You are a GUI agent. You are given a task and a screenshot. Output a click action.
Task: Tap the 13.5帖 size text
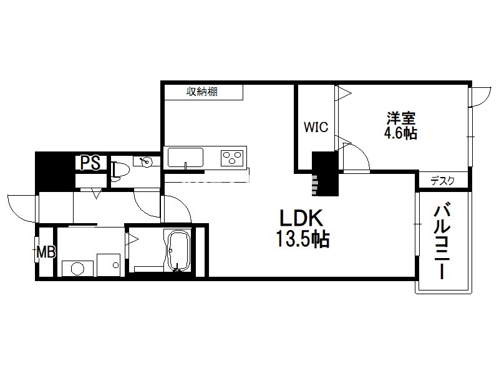coord(303,239)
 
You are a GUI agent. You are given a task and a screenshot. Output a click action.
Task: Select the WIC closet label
coord(316,127)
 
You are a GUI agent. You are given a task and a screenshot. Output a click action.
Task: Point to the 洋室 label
coord(401,118)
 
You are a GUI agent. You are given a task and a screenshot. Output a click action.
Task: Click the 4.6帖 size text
coord(400,133)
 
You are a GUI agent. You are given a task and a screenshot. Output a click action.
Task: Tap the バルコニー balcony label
coord(442,242)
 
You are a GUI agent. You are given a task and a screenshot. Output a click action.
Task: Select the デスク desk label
coord(442,181)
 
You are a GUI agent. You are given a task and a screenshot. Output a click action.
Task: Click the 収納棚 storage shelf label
coord(201,92)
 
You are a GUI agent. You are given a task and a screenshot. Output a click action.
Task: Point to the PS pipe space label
coord(90,163)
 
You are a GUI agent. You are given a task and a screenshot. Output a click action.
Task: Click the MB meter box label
coord(46,252)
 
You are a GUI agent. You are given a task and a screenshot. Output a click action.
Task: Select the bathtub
coord(179,251)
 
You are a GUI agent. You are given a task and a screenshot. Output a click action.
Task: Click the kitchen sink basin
coord(185,157)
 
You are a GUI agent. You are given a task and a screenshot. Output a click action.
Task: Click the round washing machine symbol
coord(77,269)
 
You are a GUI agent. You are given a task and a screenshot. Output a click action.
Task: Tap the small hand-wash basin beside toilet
coord(147,161)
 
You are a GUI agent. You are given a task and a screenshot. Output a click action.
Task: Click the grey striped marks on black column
coord(314,185)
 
